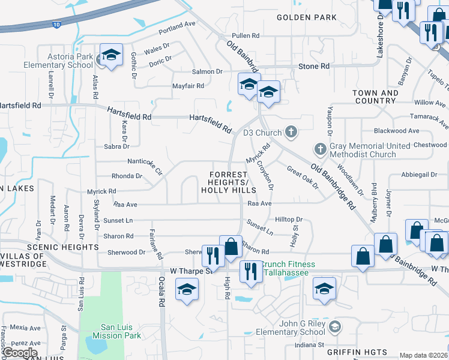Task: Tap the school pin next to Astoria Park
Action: point(111,55)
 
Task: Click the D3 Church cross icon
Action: point(291,132)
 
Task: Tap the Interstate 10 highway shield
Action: point(55,25)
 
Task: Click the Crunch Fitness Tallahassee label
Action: point(288,269)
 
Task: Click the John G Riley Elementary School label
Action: point(295,328)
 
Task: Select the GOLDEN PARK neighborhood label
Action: point(307,17)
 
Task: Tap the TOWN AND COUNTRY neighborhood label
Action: point(375,97)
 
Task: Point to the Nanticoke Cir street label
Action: point(145,164)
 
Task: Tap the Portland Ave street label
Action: point(177,24)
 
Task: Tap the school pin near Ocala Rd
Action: point(187,290)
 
